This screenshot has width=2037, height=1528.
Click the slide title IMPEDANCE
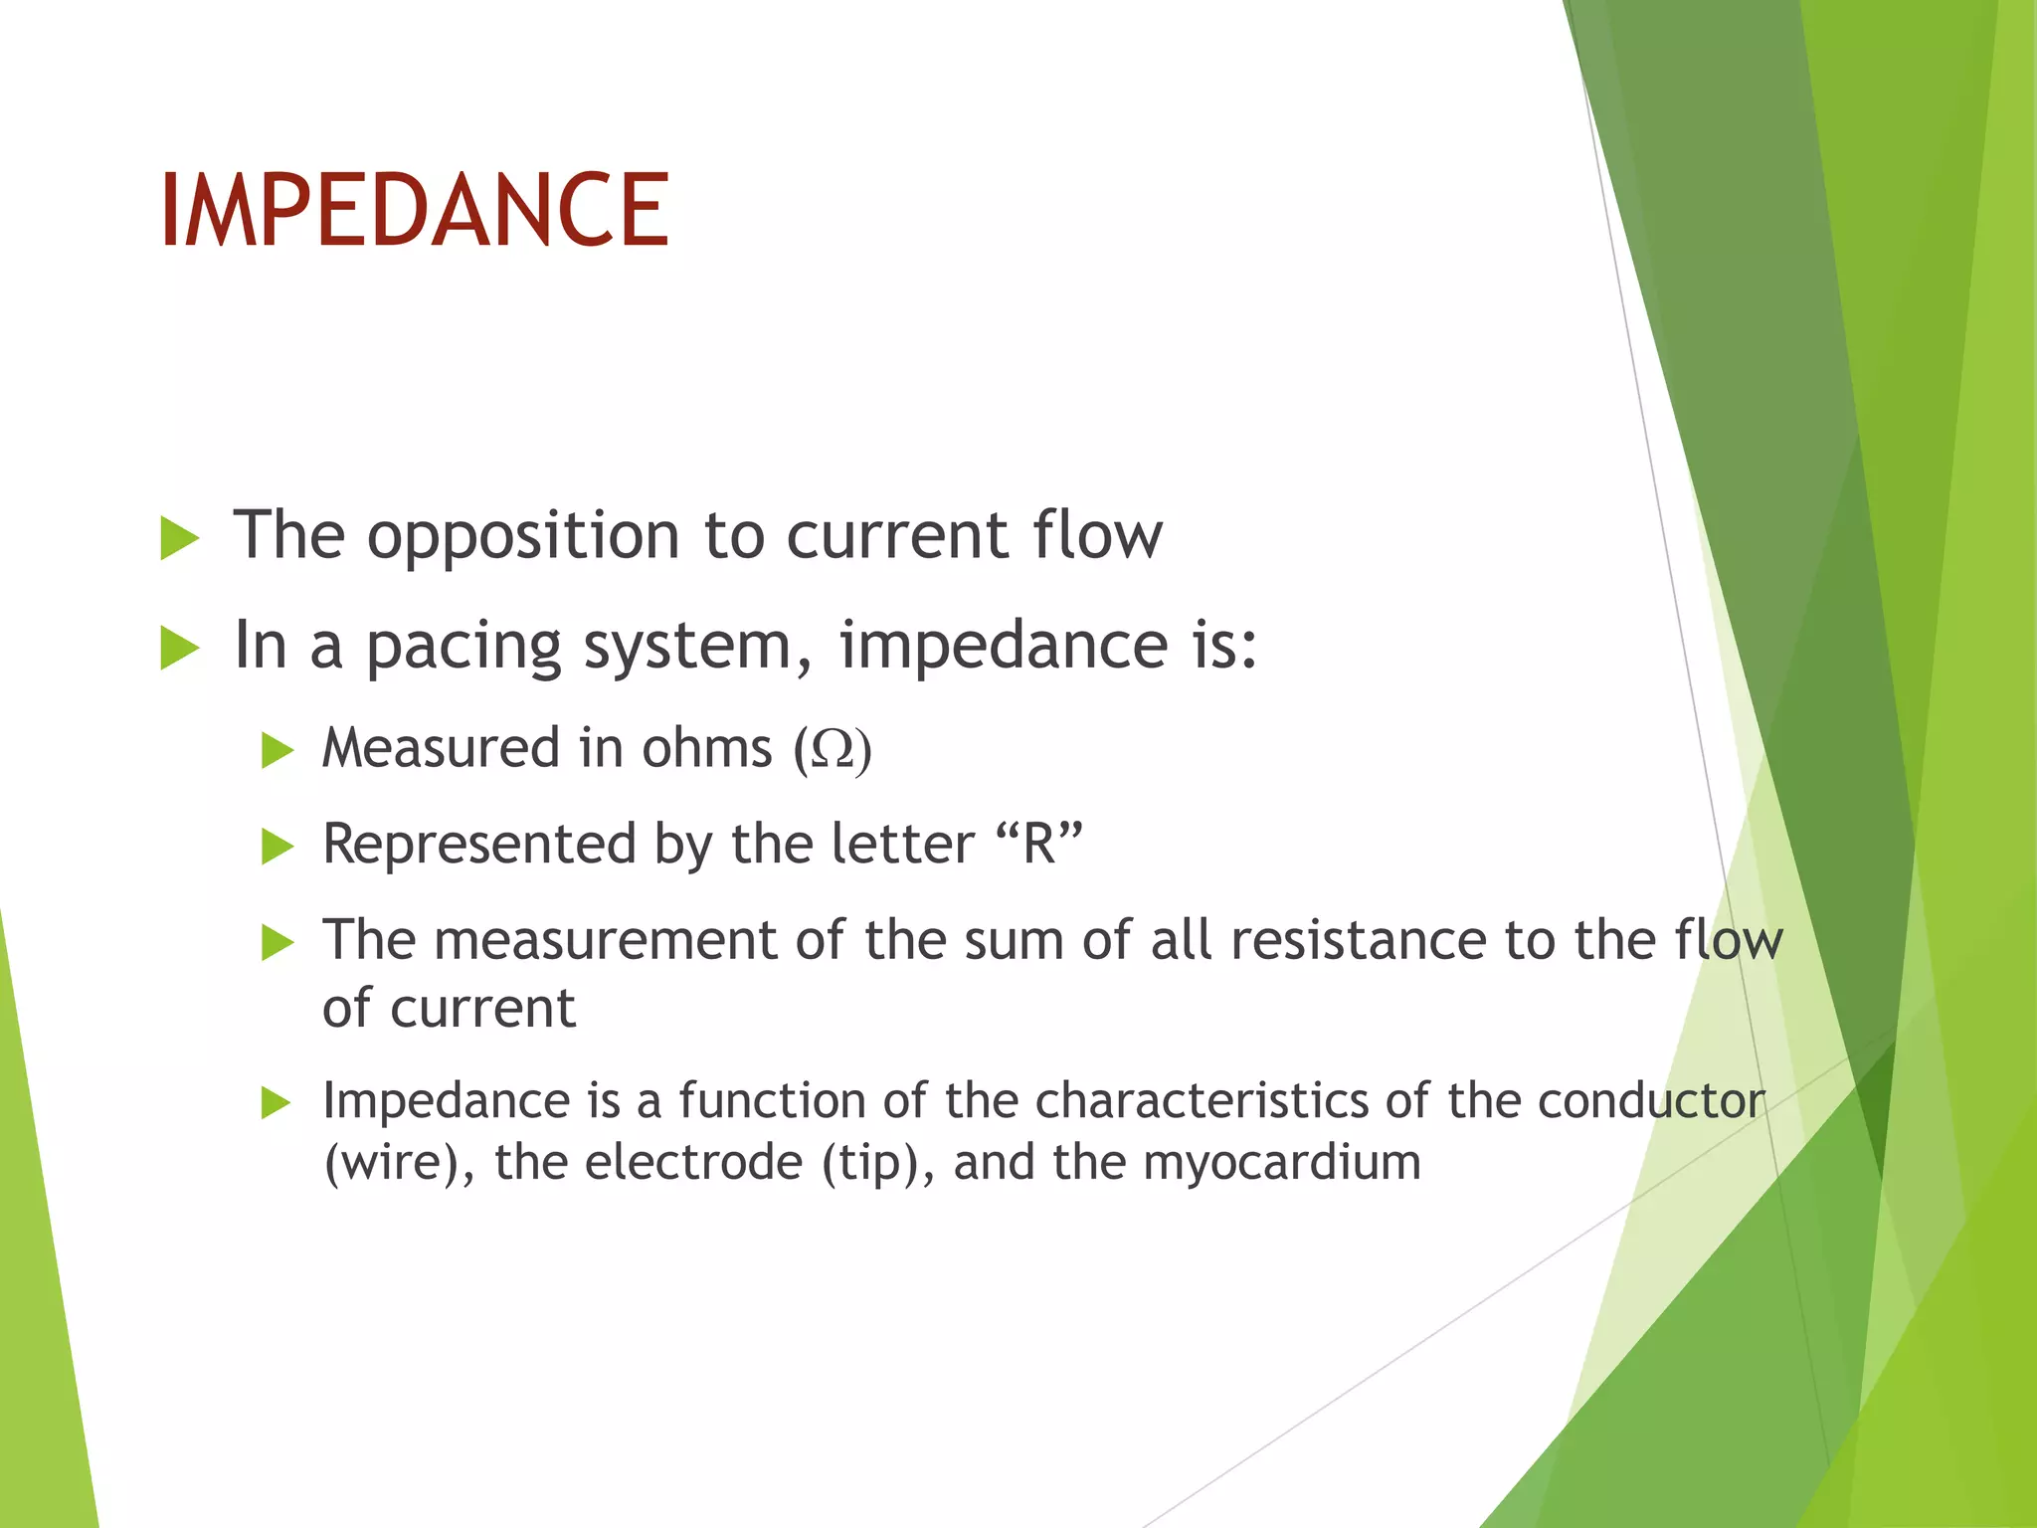tap(414, 210)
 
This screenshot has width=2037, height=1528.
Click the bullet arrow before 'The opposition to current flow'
tap(179, 539)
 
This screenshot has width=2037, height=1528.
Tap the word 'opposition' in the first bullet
tap(523, 537)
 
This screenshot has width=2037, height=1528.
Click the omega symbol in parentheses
tap(833, 749)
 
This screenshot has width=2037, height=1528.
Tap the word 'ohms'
tap(706, 748)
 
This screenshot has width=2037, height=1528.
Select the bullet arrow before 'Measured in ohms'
tap(278, 750)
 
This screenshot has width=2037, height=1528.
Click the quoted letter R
tap(1039, 844)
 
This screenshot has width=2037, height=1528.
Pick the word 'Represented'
tap(479, 845)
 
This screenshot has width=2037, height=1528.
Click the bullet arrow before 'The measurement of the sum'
tap(278, 942)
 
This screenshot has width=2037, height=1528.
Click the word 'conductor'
tap(1651, 1101)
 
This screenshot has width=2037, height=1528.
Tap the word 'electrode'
tap(693, 1163)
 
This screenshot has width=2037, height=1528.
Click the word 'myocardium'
tap(1282, 1163)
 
